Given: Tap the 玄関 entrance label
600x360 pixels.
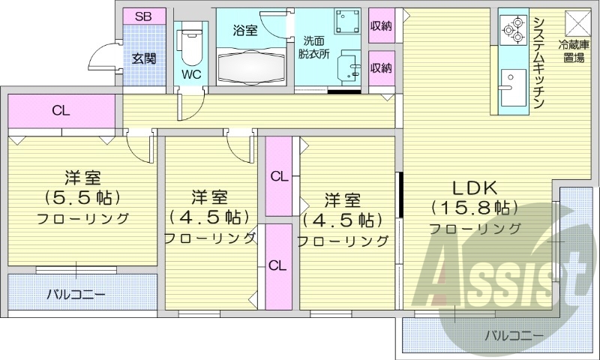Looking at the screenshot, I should tap(144, 58).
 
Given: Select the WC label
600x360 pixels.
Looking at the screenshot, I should tap(190, 74).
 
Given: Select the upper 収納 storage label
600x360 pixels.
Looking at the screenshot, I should tap(381, 25).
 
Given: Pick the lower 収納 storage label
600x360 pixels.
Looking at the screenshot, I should tap(381, 68).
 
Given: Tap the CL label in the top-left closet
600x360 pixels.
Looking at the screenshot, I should tap(61, 111).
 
